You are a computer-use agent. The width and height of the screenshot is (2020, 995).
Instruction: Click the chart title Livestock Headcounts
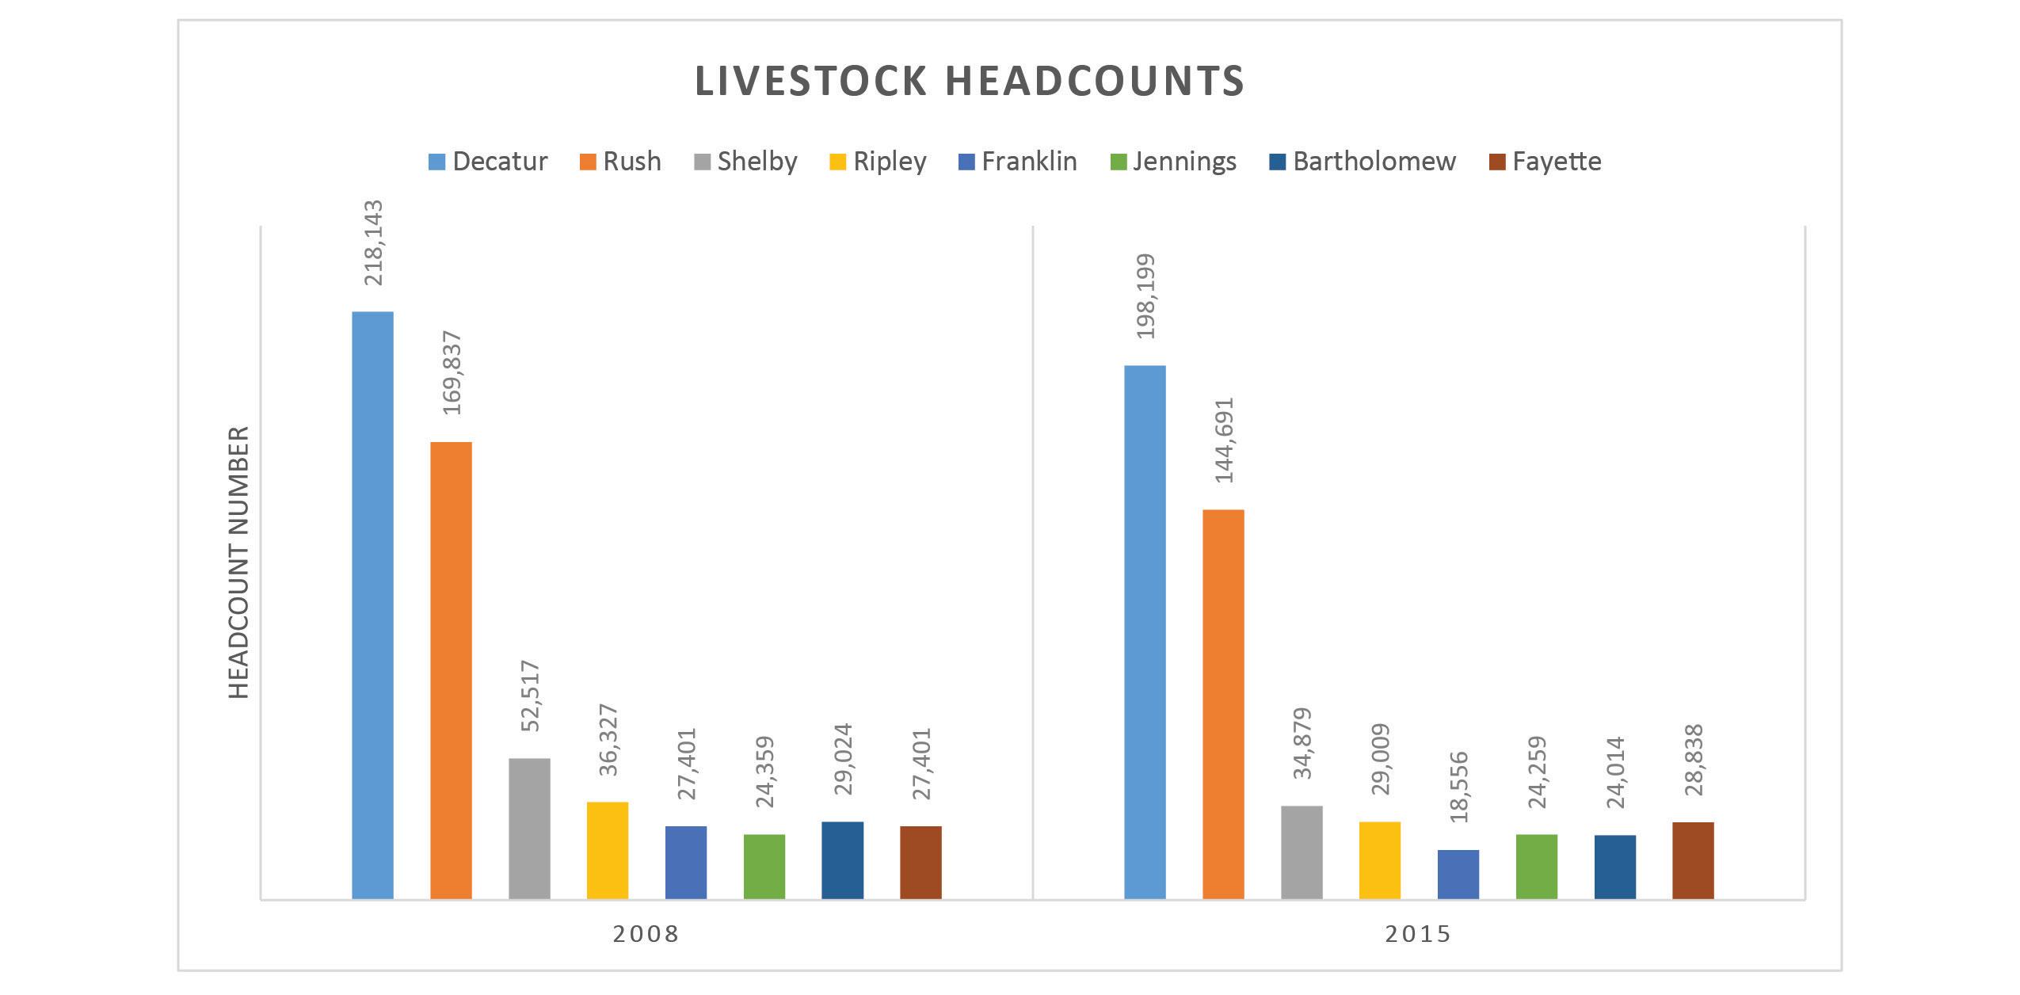coord(970,81)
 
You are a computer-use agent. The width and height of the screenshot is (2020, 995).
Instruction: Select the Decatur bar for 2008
coord(372,605)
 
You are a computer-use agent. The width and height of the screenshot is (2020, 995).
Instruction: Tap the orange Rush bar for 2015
coord(1223,704)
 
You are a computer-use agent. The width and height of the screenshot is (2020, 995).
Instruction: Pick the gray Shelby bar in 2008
coord(529,829)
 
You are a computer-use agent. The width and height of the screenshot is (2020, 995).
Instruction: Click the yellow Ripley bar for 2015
coord(1380,860)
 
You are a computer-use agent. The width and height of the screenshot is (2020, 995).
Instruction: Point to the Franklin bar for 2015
coord(1458,875)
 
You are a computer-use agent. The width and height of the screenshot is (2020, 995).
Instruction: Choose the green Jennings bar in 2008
coord(764,867)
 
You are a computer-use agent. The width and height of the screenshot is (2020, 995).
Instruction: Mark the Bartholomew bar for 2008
coord(843,860)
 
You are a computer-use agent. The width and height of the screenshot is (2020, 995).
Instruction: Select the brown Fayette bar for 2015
coord(1693,860)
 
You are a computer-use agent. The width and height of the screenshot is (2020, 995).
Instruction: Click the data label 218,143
coord(372,242)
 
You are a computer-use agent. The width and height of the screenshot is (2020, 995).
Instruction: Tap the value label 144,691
coord(1224,440)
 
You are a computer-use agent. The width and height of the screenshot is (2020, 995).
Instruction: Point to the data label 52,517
coord(529,696)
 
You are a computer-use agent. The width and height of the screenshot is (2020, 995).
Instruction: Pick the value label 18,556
coord(1458,787)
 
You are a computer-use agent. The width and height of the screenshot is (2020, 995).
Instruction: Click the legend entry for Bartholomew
coord(1363,162)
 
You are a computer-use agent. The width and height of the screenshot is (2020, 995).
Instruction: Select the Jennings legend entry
coord(1172,162)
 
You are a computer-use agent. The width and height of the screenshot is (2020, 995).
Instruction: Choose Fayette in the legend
coord(1545,162)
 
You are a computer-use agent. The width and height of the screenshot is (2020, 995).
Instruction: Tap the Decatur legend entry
coord(488,162)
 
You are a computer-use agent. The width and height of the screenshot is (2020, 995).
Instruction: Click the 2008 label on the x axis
coord(646,934)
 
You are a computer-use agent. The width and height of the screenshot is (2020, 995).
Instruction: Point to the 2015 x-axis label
coord(1419,934)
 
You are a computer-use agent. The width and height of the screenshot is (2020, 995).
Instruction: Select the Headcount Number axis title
coord(239,562)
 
